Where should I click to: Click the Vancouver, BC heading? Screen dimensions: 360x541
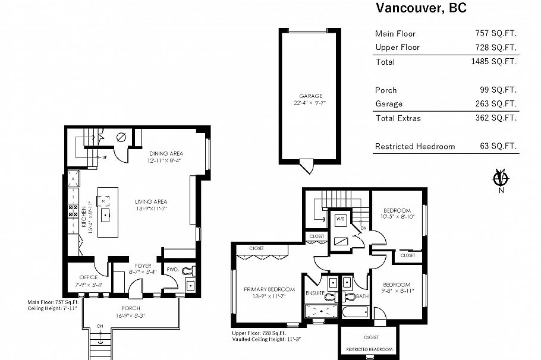[x=420, y=8]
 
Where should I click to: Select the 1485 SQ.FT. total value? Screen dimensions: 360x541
[x=493, y=61]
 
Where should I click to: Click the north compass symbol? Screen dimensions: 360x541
[x=501, y=179]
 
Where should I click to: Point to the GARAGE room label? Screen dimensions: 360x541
[x=310, y=96]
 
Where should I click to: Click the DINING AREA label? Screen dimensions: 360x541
[x=165, y=153]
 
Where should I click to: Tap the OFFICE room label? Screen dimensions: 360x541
[x=88, y=277]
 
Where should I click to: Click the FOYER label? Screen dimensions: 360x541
[x=142, y=266]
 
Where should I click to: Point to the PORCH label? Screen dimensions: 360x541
[x=130, y=308]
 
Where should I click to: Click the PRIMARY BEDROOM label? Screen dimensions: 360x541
[x=265, y=289]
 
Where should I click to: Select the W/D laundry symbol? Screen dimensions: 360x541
[x=340, y=219]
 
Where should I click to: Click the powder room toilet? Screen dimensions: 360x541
[x=189, y=271]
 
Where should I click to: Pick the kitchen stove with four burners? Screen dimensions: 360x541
[x=73, y=210]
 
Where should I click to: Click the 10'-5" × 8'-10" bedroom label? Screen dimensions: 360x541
[x=398, y=214]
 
